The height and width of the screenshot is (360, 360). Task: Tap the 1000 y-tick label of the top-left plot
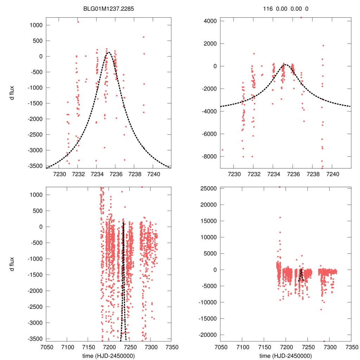[36, 25]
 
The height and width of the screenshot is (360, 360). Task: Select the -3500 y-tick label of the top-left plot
[35, 166]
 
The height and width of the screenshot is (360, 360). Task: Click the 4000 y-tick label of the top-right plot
[210, 21]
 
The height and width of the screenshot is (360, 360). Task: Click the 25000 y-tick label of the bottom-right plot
[208, 188]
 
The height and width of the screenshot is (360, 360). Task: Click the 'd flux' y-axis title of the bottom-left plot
[12, 264]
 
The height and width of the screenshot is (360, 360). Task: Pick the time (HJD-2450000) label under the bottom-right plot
[285, 355]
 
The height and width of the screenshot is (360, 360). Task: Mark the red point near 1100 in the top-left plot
[78, 22]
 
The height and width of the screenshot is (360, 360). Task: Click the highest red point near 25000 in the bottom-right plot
[279, 187]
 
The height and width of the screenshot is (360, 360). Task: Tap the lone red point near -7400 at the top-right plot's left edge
[222, 150]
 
